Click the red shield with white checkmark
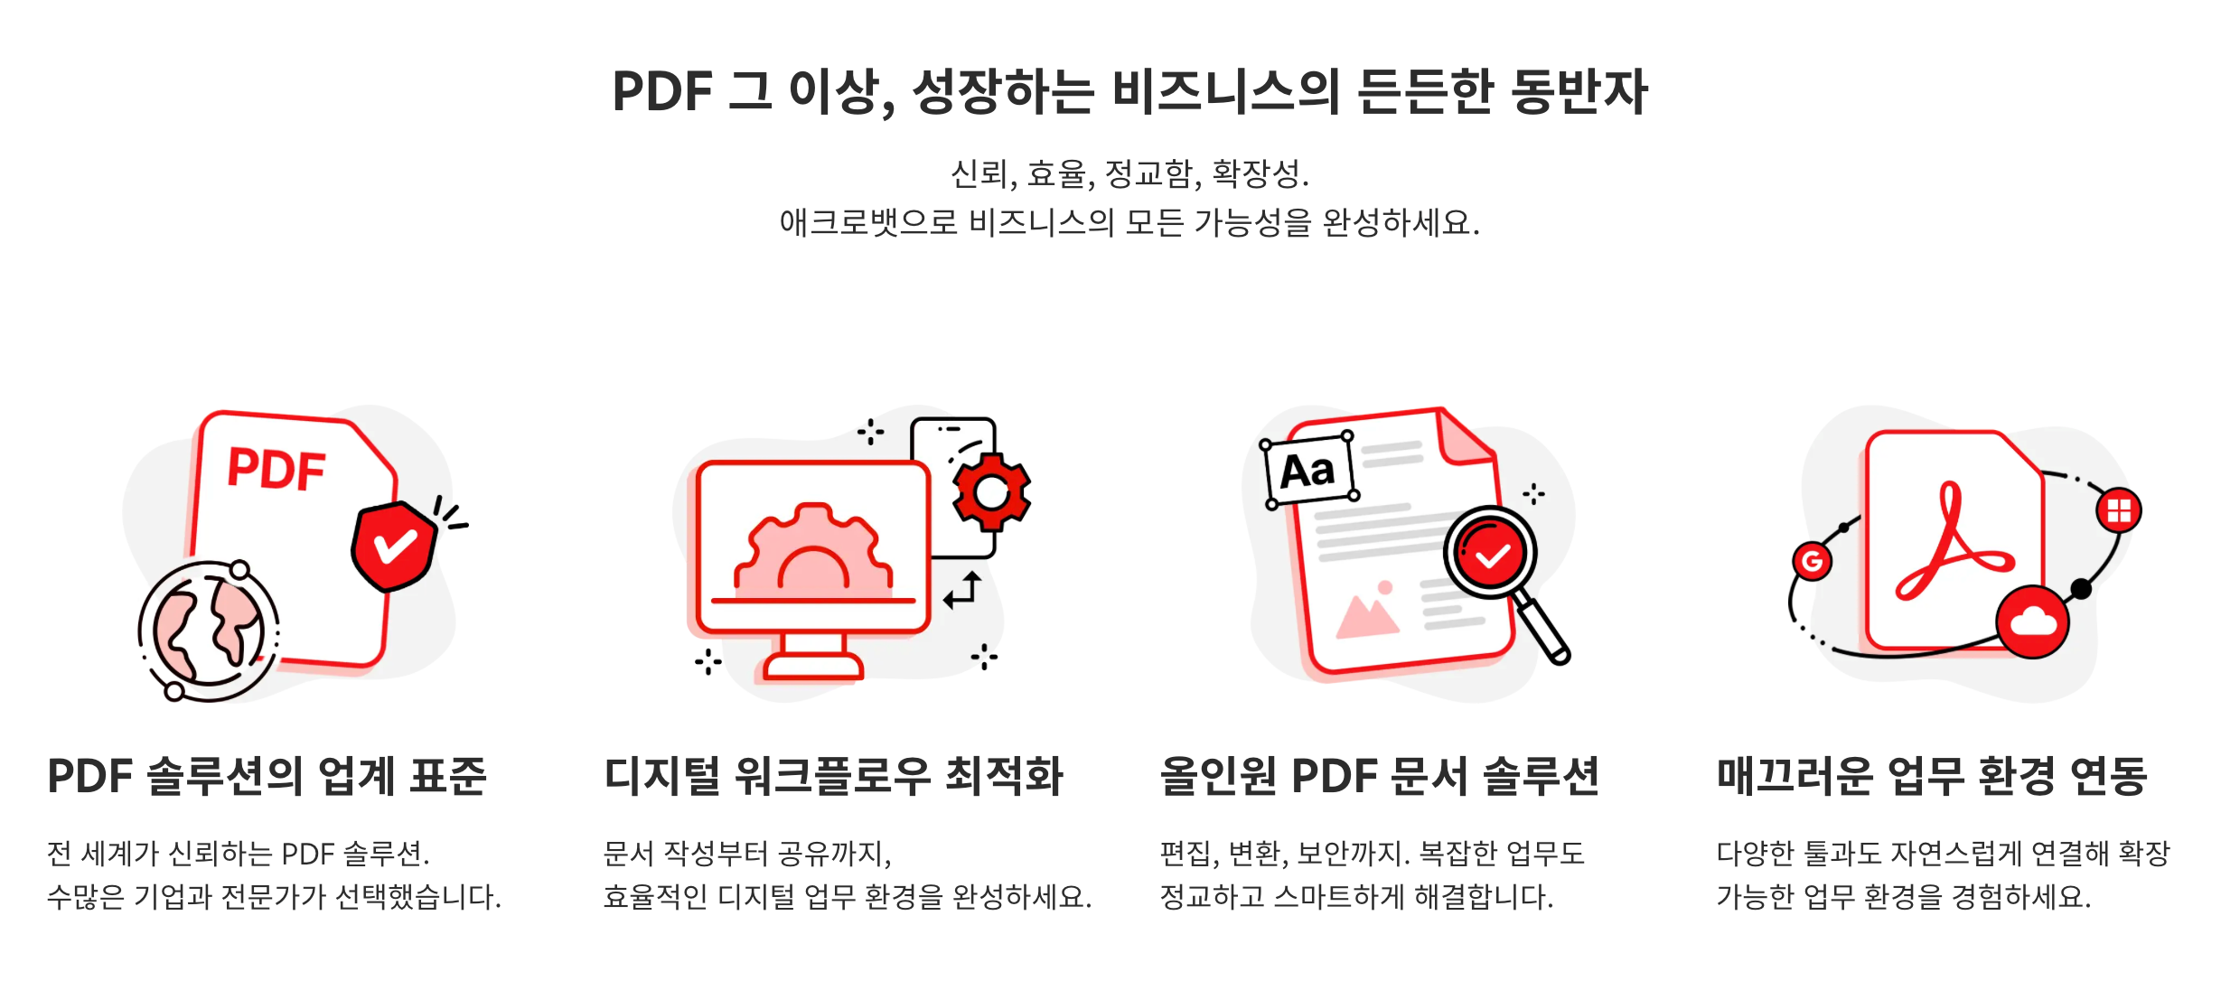[394, 546]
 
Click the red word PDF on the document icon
[276, 469]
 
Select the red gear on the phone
[991, 492]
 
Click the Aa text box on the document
[1308, 471]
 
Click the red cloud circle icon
[2033, 621]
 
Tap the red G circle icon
[1812, 561]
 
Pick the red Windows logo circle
[2118, 510]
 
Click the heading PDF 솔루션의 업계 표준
[267, 776]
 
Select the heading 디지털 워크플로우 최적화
[833, 776]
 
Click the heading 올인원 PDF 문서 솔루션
[1380, 776]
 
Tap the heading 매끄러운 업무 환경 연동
[1931, 776]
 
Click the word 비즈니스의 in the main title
[1225, 92]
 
